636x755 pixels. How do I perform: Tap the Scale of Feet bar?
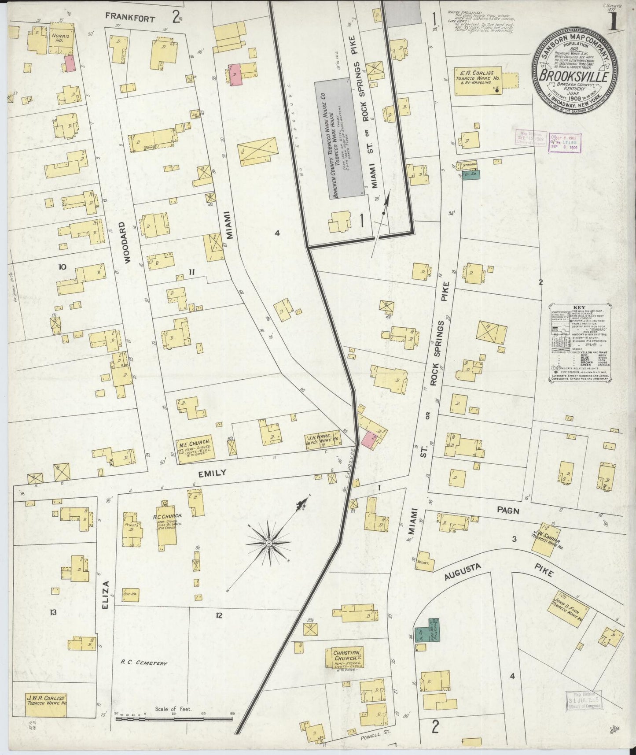click(174, 719)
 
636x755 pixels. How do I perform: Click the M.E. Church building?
click(194, 450)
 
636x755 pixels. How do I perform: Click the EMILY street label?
click(212, 473)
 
